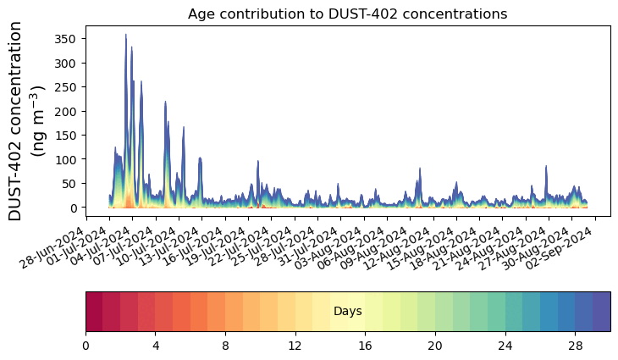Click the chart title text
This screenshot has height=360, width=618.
(347, 14)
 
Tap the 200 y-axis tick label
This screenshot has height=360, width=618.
(65, 111)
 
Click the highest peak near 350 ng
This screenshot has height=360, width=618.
(126, 36)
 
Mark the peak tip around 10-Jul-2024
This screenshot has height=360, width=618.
(166, 102)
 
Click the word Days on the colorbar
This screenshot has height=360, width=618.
(348, 312)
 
